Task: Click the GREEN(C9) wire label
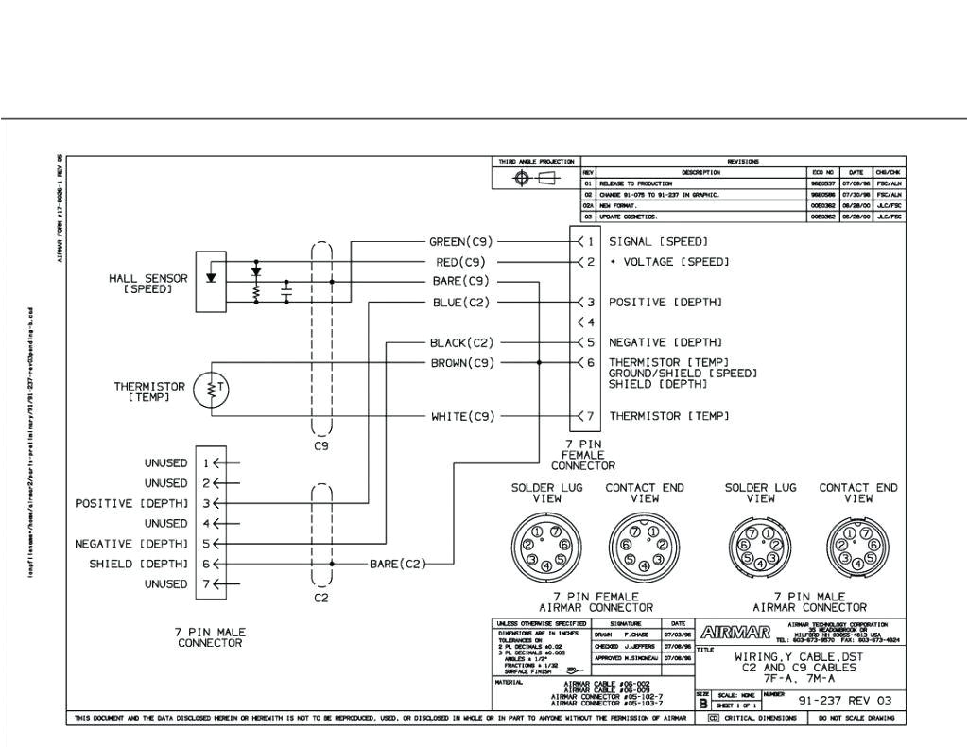tap(461, 242)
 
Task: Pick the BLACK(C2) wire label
tap(461, 342)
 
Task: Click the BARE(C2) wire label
tap(397, 565)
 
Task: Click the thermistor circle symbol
tap(209, 390)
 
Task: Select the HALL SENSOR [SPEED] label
tap(148, 284)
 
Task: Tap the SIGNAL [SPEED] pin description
tap(658, 242)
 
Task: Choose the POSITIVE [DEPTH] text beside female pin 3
tap(665, 303)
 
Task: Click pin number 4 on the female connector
tap(590, 322)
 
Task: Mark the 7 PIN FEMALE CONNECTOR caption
tap(583, 455)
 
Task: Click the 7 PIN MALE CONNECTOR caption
tap(210, 636)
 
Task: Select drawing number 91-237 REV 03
tap(844, 701)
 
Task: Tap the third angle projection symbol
tap(535, 180)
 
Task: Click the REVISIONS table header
tap(743, 162)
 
